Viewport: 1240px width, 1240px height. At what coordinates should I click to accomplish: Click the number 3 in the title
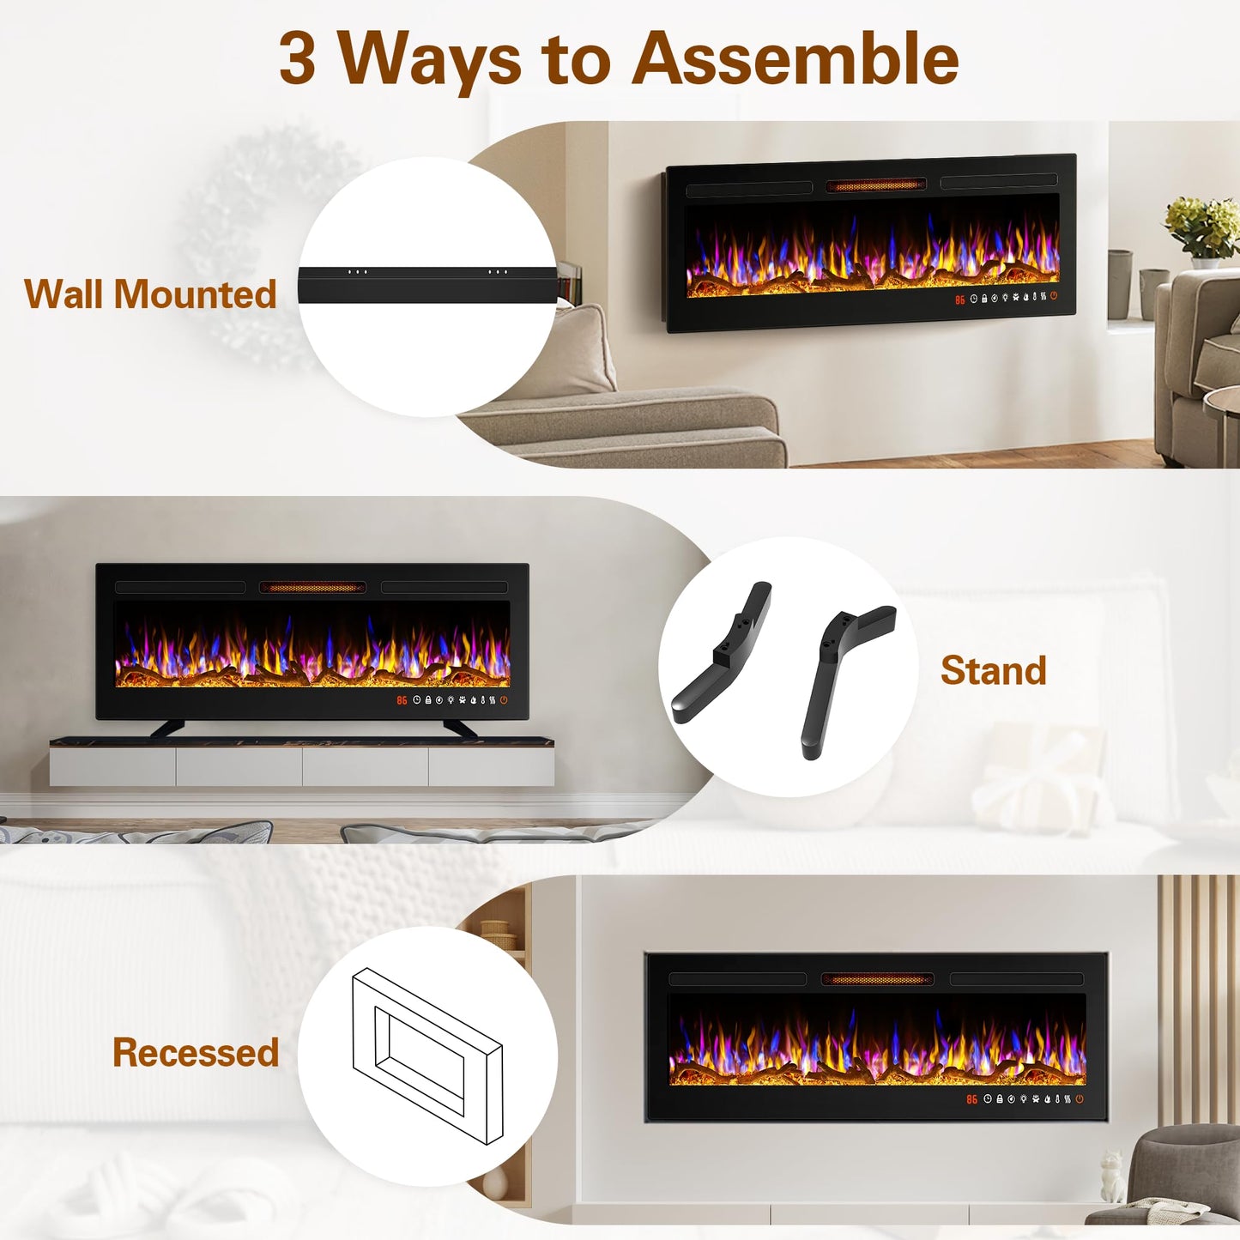297,58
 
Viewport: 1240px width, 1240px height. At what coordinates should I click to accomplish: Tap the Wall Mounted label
150,294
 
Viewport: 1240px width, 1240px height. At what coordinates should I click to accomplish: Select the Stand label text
993,670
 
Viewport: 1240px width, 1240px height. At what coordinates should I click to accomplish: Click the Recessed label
196,1053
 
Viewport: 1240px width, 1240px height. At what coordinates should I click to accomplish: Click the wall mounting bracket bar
427,284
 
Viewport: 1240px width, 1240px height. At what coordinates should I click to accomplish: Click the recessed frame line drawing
426,1056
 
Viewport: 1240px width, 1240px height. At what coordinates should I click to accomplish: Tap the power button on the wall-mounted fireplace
1054,296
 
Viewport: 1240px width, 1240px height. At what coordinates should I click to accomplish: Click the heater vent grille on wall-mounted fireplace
875,185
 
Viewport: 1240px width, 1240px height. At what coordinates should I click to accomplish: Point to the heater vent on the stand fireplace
312,588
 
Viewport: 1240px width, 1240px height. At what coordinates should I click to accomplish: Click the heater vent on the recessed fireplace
877,979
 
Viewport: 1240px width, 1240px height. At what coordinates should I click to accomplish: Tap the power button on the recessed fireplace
1080,1098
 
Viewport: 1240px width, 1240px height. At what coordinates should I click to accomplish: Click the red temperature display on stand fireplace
402,701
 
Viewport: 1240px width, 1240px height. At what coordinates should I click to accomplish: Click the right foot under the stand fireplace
459,729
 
